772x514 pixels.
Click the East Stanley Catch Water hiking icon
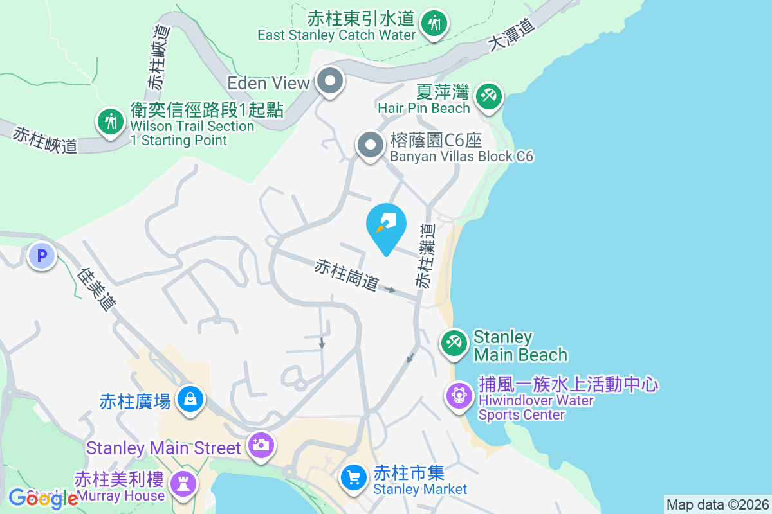point(434,24)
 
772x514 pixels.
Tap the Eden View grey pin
point(331,82)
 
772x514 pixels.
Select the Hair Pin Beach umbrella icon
point(488,97)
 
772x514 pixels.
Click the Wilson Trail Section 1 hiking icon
point(111,121)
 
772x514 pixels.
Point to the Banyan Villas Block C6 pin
point(370,145)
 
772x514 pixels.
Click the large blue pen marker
point(386,224)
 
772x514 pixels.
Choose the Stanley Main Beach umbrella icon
point(455,342)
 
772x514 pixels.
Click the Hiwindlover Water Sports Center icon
point(459,394)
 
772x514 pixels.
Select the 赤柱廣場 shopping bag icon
point(190,399)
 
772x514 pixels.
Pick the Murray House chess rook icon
point(182,483)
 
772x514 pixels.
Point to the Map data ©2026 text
point(717,504)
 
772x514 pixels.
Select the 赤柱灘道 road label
point(425,255)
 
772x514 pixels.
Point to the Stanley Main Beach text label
point(520,346)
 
